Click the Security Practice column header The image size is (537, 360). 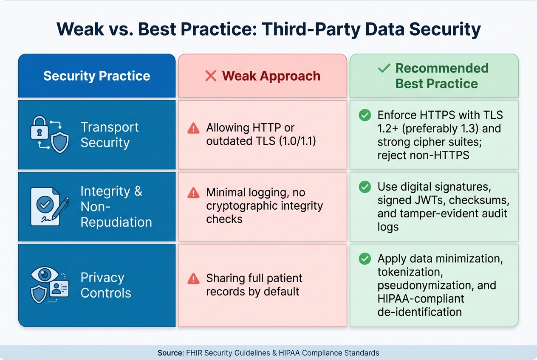(x=96, y=76)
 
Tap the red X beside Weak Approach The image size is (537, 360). (x=211, y=76)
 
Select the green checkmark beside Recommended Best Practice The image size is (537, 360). (x=384, y=68)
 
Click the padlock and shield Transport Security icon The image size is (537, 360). (x=50, y=135)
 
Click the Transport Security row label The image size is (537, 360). (x=110, y=135)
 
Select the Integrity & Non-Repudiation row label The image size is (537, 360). (x=116, y=206)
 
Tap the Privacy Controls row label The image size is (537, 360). (x=106, y=285)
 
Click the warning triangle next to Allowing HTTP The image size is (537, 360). (x=193, y=128)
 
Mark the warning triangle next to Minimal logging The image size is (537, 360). (x=193, y=193)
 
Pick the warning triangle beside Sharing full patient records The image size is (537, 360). (x=193, y=278)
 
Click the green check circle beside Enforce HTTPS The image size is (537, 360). (x=365, y=115)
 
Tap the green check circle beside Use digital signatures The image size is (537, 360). (x=365, y=187)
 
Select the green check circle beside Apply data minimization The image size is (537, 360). (x=365, y=259)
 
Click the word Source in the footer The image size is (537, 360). (x=170, y=353)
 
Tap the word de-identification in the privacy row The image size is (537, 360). (x=419, y=312)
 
